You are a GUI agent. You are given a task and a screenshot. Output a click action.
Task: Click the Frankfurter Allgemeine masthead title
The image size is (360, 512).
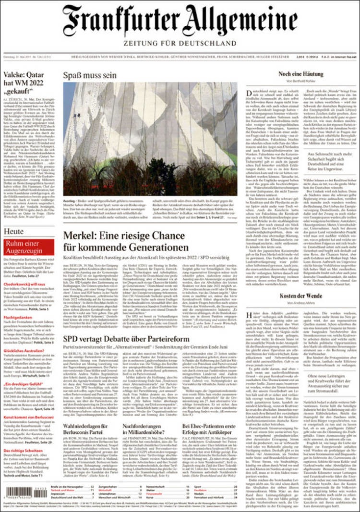(180, 20)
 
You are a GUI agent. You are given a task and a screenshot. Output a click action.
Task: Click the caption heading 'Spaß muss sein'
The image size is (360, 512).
(89, 76)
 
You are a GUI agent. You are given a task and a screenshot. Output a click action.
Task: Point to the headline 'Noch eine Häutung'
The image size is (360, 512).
(301, 74)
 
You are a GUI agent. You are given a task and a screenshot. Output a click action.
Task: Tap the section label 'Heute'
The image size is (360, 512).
(14, 232)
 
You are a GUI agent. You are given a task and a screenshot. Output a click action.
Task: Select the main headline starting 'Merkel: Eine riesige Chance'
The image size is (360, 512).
(126, 242)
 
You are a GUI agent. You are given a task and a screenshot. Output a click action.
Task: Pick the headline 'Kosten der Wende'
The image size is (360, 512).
(301, 296)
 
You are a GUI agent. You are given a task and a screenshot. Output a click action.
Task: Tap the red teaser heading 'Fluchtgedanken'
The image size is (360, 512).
(18, 318)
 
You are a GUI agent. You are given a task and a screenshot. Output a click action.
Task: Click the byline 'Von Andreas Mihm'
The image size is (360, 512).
(301, 303)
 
